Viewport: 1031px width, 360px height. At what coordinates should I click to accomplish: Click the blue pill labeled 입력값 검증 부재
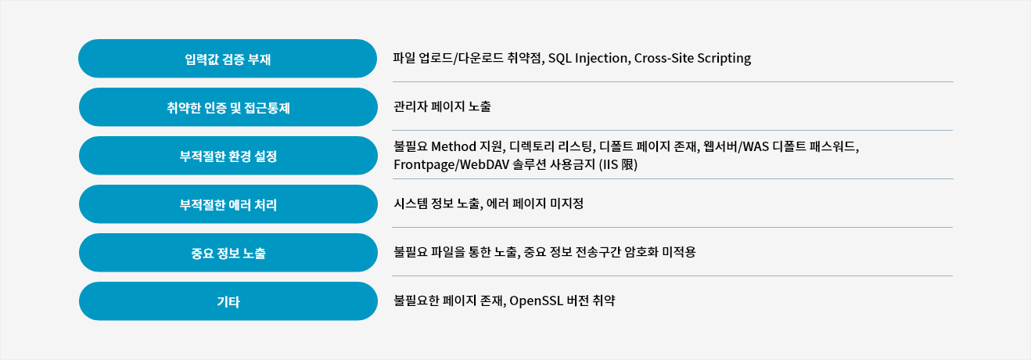point(228,59)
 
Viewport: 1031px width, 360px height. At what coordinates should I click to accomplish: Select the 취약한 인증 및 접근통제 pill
point(228,107)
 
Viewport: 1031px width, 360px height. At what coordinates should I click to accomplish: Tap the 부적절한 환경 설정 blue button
point(228,156)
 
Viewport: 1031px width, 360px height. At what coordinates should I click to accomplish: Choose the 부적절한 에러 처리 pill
point(228,204)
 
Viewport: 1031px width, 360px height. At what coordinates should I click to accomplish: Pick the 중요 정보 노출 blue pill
point(228,253)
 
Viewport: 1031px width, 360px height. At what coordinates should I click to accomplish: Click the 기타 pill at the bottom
point(228,301)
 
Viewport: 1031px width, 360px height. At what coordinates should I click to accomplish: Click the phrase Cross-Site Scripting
point(693,59)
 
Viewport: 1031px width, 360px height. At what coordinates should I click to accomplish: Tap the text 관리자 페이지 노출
point(442,106)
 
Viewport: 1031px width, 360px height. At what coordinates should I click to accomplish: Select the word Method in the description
point(454,146)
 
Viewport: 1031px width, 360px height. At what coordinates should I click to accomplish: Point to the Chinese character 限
point(629,164)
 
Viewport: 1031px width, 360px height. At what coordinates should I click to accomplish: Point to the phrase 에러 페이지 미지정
point(535,203)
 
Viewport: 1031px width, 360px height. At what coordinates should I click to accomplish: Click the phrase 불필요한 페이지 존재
point(450,301)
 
